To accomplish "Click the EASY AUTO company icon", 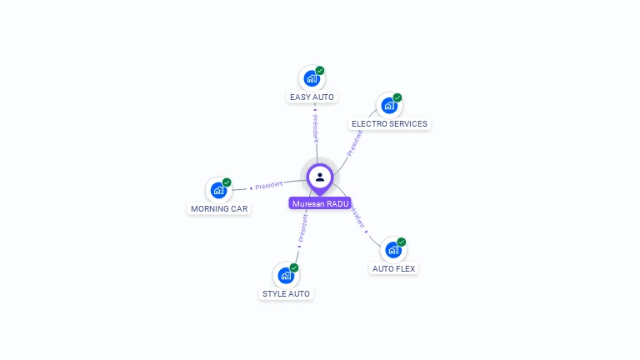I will click(311, 79).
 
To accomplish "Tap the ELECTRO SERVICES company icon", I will click(388, 106).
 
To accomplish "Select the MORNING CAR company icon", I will click(217, 190).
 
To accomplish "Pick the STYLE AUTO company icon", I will click(285, 276).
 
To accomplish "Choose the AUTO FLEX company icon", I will click(392, 250).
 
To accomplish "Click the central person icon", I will click(320, 177).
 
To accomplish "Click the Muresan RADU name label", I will click(320, 203).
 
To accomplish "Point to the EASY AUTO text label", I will click(312, 97).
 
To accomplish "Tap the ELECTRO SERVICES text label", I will click(389, 124).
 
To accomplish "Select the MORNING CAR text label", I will click(219, 208).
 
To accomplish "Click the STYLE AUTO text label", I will click(286, 294).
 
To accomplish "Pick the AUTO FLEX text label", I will click(393, 268).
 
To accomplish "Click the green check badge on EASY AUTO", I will click(320, 71).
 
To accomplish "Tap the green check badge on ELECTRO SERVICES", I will click(397, 97).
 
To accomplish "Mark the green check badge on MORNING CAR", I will click(227, 182).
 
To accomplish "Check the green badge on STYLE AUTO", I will click(294, 267).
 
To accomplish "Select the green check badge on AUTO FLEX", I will click(402, 242).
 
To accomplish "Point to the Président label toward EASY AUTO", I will click(315, 126).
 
